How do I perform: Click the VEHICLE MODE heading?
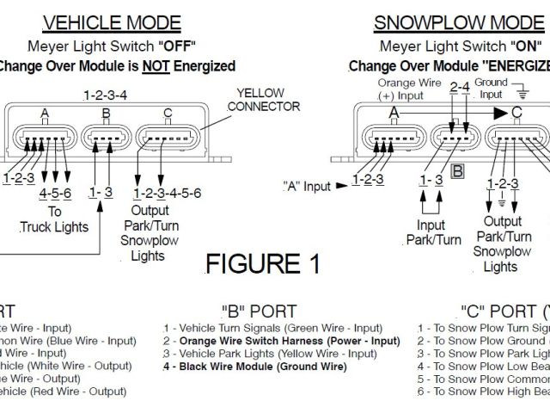(113, 22)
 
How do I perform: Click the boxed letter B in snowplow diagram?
(457, 170)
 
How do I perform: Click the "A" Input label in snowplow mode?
(307, 185)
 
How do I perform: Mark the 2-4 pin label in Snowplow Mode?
(459, 86)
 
